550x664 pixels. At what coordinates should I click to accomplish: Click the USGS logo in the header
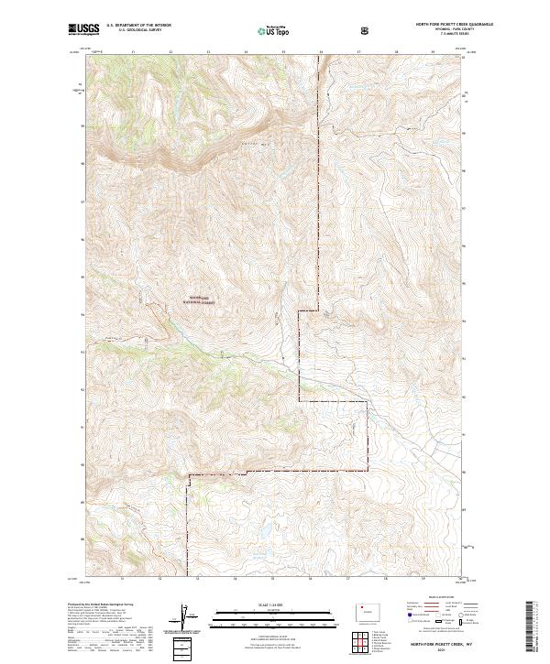84,30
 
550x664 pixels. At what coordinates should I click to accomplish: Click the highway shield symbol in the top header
367,30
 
